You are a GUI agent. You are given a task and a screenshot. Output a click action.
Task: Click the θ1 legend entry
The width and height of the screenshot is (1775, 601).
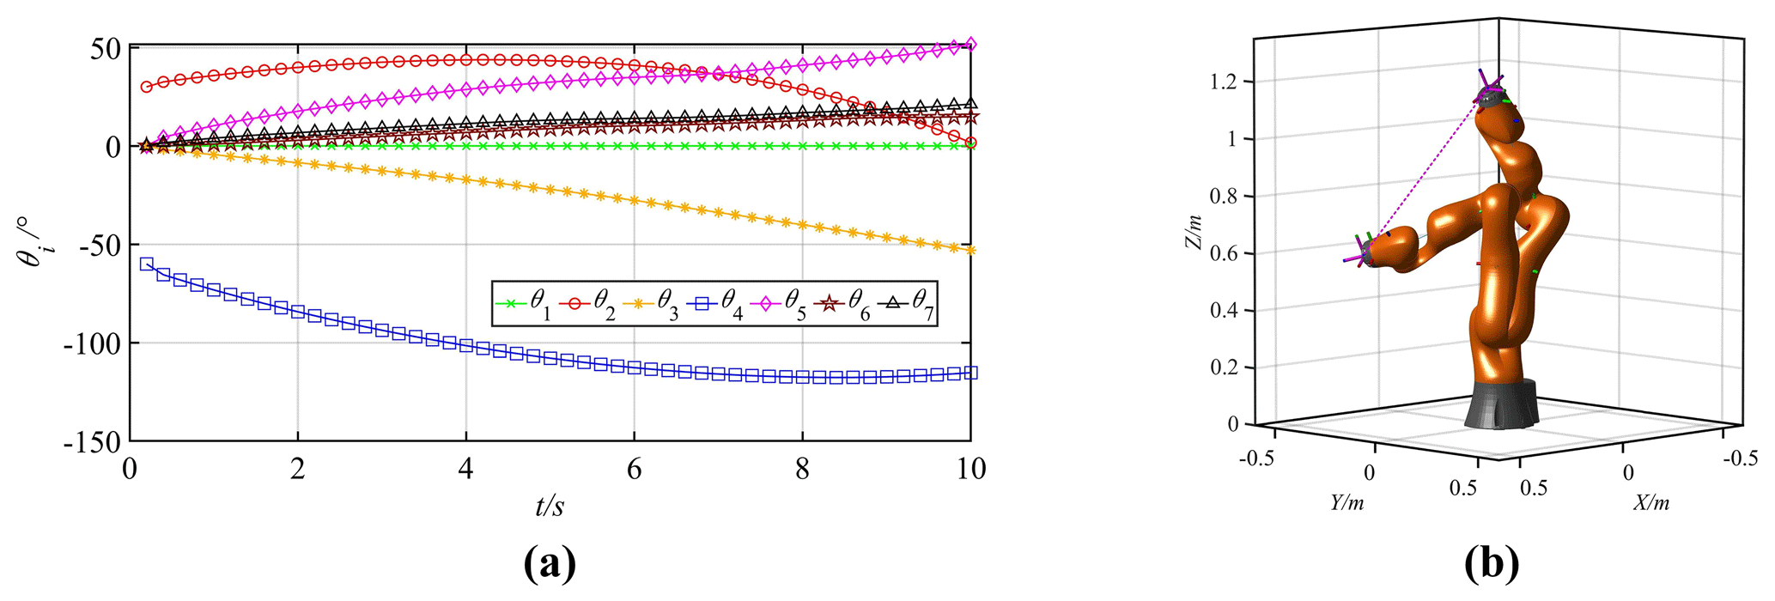click(x=523, y=303)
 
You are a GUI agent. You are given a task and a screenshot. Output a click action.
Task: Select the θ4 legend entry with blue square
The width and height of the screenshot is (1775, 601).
click(x=714, y=303)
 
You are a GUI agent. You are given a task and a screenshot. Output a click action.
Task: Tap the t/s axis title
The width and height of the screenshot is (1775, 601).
click(x=550, y=507)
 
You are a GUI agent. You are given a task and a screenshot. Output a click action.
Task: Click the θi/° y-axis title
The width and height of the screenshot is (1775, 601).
click(x=35, y=243)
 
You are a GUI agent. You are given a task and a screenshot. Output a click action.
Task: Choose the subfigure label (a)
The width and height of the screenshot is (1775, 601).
click(x=550, y=564)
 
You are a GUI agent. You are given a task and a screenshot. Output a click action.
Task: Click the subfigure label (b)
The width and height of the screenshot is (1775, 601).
click(x=1492, y=564)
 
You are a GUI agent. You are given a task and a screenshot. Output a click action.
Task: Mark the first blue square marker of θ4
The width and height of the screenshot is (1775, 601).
click(x=147, y=264)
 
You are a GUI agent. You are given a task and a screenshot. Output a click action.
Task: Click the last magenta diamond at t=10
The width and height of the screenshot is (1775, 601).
click(x=970, y=44)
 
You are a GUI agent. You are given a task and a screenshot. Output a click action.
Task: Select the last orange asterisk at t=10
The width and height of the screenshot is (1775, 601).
click(x=970, y=250)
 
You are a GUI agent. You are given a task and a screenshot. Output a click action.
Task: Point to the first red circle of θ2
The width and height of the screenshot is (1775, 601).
click(x=147, y=87)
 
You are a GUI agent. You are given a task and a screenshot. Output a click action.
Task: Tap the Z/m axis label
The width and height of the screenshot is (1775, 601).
click(x=1193, y=232)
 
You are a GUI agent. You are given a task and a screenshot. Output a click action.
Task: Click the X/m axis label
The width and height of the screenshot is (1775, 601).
click(x=1650, y=503)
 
